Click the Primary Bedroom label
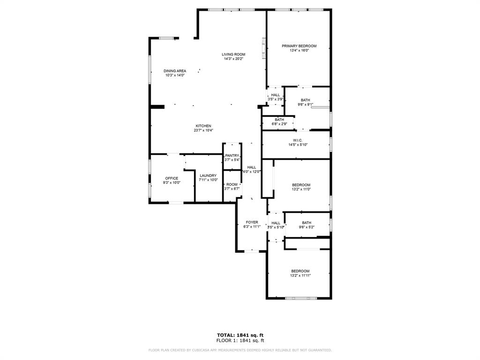point(299,46)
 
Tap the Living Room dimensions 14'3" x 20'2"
point(233,59)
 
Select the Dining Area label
point(175,71)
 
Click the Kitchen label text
point(203,126)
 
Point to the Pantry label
point(232,156)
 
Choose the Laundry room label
point(208,175)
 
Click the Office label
point(171,178)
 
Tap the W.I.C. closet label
point(298,140)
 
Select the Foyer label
point(252,222)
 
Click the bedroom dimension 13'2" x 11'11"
point(300,276)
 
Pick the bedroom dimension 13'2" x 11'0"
point(301,189)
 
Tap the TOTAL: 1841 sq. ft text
point(240,335)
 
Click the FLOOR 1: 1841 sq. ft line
point(240,340)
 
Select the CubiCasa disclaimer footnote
point(240,350)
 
